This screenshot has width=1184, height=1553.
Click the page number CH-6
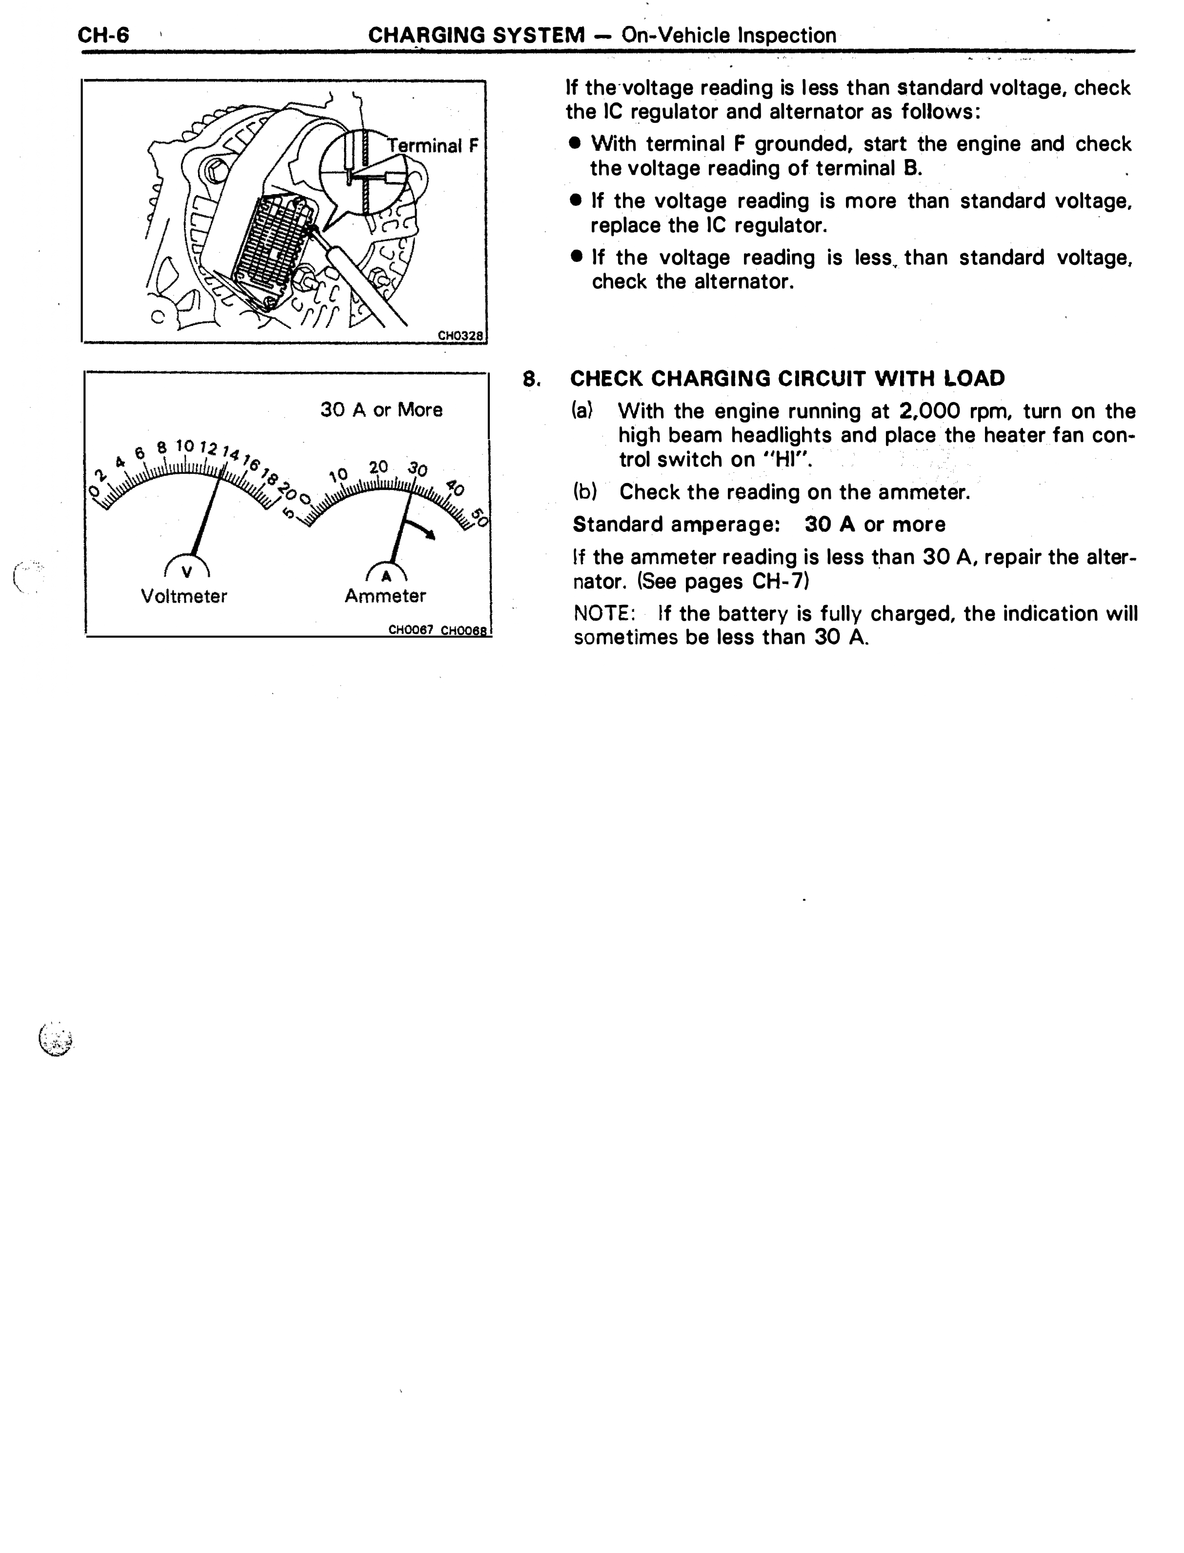tap(103, 35)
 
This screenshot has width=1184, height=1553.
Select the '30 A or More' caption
tap(381, 409)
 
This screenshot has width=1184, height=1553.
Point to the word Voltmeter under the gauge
tap(184, 596)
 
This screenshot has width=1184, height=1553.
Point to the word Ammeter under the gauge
tap(385, 596)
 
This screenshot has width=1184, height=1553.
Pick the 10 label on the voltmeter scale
tap(184, 445)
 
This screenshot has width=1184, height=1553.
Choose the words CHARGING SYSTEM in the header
tap(477, 35)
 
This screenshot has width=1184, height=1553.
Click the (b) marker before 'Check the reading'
tap(585, 492)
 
